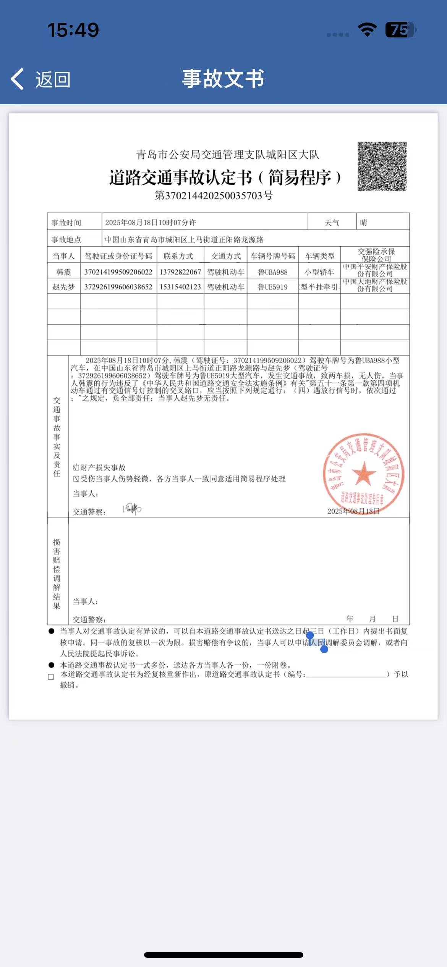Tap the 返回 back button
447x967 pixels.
coord(40,79)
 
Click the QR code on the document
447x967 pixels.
coord(382,166)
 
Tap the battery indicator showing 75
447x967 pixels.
coord(400,30)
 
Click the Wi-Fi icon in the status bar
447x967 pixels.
coord(367,29)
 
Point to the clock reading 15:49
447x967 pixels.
coord(73,30)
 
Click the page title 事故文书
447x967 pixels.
coord(223,79)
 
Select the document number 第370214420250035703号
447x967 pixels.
coord(213,196)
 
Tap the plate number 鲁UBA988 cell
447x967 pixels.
coord(272,272)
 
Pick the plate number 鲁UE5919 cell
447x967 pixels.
coord(272,287)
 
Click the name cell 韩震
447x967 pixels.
coord(63,272)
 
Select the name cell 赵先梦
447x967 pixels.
coord(63,287)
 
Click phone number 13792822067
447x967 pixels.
coord(180,272)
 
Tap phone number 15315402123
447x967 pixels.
coord(180,287)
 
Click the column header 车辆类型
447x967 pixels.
coord(319,256)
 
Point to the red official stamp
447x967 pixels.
coord(363,474)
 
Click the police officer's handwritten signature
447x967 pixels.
coord(133,509)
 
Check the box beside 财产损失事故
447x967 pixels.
coord(76,467)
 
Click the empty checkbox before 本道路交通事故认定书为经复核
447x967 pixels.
coord(51,677)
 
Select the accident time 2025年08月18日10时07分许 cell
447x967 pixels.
coord(151,222)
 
